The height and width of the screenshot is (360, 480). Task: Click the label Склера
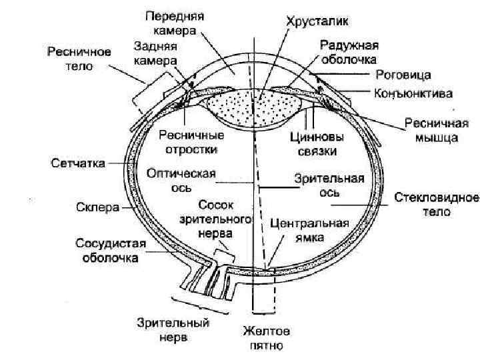tap(97, 207)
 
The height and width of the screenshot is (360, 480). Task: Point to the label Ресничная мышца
tap(431, 131)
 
